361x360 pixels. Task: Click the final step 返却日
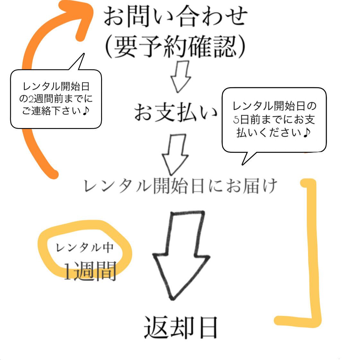click(181, 327)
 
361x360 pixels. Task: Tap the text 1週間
click(90, 272)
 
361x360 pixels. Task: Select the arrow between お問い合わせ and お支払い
click(180, 77)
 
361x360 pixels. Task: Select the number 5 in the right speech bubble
click(236, 119)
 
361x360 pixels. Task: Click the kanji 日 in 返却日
click(208, 327)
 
